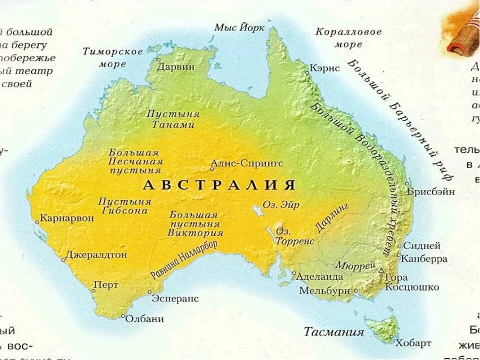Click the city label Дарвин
click(175, 67)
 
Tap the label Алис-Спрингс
click(246, 163)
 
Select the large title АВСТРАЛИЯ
click(219, 185)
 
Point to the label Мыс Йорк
click(239, 27)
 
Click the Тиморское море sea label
click(112, 57)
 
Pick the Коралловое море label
click(348, 38)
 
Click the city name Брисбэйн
click(430, 191)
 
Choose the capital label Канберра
click(425, 258)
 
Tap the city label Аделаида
click(319, 276)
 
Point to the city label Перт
click(106, 285)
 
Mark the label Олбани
click(144, 318)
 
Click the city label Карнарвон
click(66, 218)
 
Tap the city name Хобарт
click(413, 343)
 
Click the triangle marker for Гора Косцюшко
click(381, 270)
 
